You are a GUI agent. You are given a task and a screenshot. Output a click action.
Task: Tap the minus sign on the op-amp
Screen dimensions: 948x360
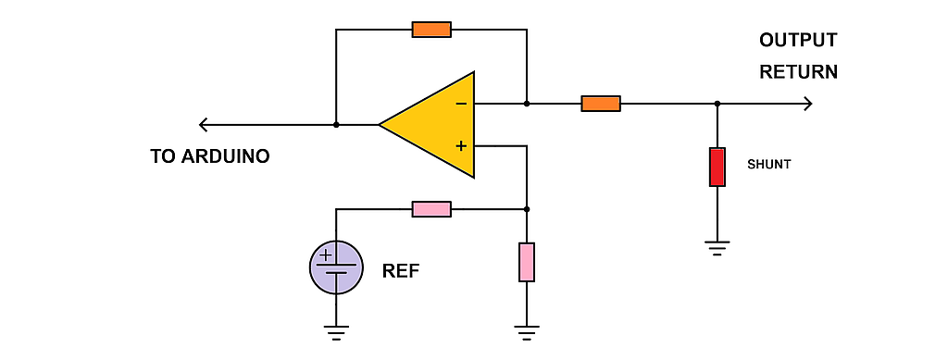click(461, 104)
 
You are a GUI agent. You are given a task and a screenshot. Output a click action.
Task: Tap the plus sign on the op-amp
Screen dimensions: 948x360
click(461, 145)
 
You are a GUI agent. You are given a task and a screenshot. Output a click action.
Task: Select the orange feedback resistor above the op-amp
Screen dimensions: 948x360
click(431, 30)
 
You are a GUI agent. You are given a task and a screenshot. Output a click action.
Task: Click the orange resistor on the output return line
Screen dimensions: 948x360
click(601, 104)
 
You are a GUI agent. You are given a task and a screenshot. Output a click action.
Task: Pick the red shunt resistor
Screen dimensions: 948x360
click(717, 168)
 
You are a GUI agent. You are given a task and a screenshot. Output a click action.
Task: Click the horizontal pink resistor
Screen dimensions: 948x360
click(431, 209)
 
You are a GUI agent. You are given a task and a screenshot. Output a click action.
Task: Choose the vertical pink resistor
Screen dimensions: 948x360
click(527, 262)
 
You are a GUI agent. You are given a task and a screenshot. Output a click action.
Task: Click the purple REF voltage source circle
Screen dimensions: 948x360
click(336, 267)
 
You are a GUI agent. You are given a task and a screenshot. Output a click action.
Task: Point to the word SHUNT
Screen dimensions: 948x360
click(769, 165)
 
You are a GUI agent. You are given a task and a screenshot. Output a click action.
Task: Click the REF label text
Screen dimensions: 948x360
click(401, 271)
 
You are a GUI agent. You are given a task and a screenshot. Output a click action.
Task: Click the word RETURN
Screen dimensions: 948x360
click(799, 72)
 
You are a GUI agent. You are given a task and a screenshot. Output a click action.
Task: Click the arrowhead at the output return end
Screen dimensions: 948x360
click(807, 104)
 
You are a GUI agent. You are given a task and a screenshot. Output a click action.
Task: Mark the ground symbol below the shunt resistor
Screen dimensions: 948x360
click(717, 248)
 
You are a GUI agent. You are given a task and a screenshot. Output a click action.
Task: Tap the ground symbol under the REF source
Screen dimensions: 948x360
click(336, 333)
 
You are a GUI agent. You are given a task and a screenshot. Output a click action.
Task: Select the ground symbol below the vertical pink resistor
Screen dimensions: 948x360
click(527, 333)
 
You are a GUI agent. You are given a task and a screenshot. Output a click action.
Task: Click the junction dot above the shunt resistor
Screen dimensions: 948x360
click(717, 104)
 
